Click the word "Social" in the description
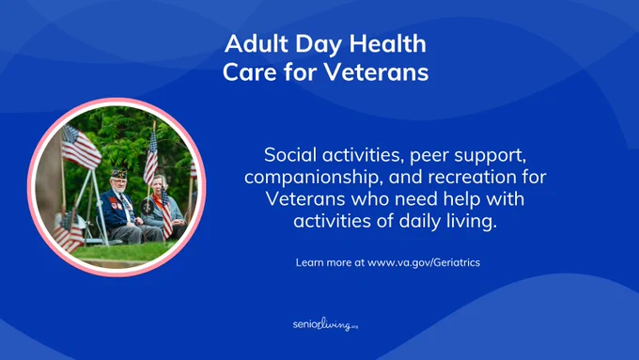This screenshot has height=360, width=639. click(x=290, y=155)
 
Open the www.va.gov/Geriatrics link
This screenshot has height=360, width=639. click(x=424, y=262)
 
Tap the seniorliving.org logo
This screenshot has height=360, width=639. click(x=325, y=324)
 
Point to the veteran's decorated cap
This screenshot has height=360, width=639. click(x=118, y=174)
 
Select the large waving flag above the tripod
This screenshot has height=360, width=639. click(x=81, y=148)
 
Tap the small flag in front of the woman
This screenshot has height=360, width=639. click(x=166, y=212)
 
